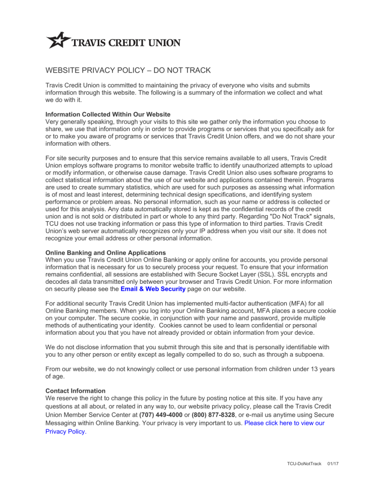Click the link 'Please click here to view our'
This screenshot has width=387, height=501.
coord(284,423)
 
